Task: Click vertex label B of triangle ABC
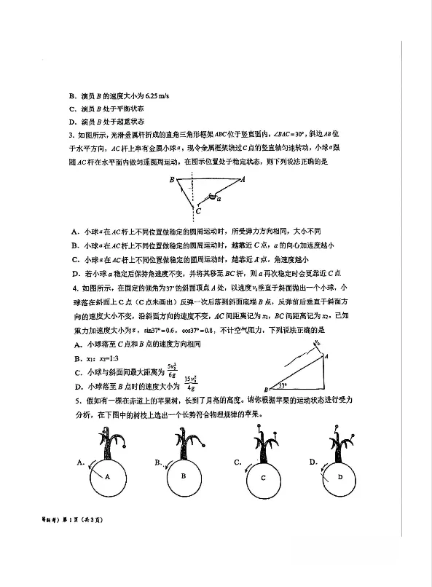pos(172,179)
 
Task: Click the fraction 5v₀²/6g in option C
pos(173,369)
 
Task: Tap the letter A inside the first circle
pos(107,476)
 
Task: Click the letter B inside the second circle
pos(184,476)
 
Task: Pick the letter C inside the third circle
pos(264,478)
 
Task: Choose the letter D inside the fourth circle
pos(339,477)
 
